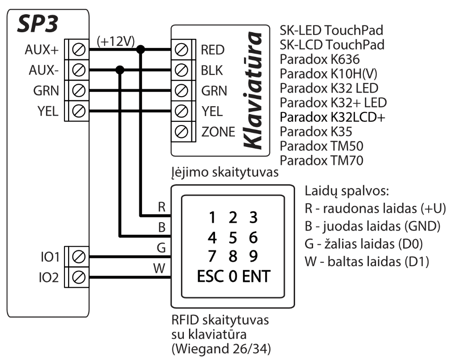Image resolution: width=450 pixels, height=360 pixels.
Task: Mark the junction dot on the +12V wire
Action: pyautogui.click(x=141, y=50)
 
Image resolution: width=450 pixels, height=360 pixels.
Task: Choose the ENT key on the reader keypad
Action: pyautogui.click(x=256, y=276)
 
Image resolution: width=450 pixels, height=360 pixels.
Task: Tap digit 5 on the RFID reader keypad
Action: pyautogui.click(x=233, y=236)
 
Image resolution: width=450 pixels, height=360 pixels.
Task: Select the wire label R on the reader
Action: pyautogui.click(x=161, y=207)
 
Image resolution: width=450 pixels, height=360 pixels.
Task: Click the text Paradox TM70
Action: pyautogui.click(x=322, y=161)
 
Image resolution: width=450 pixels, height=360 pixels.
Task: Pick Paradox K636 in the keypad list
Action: pyautogui.click(x=320, y=60)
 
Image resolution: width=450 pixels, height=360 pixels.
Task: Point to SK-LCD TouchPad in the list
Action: pyautogui.click(x=332, y=45)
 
